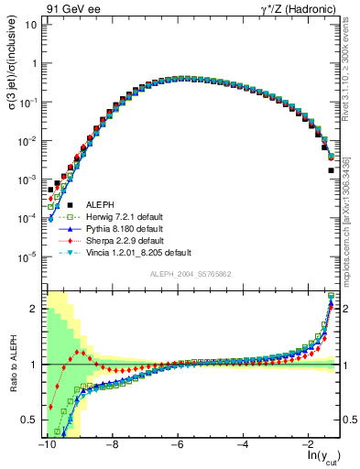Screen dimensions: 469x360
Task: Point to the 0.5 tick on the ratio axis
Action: pos(30,420)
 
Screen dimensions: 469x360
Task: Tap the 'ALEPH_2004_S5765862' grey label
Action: pos(191,275)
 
